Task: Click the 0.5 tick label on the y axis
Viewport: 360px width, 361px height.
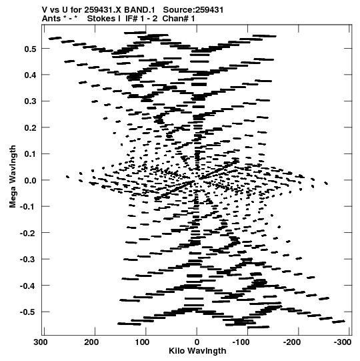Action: [x=30, y=49]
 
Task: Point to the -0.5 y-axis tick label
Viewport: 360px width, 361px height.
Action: [x=28, y=312]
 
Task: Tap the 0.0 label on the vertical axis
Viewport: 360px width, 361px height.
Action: [x=30, y=180]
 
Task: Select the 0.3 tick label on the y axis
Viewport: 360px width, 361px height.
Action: [x=30, y=101]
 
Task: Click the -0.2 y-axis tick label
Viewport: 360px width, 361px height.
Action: [x=28, y=234]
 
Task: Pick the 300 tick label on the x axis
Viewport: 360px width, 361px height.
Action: [x=41, y=342]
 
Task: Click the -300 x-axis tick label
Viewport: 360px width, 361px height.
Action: [x=343, y=342]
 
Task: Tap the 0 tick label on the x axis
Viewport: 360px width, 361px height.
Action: [x=197, y=342]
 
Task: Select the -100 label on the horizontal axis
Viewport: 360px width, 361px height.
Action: [x=241, y=342]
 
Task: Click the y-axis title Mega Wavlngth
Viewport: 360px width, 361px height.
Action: [x=13, y=177]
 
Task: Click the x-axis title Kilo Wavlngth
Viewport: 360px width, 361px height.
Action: [x=197, y=351]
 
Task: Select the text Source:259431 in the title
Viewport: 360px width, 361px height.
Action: [x=193, y=10]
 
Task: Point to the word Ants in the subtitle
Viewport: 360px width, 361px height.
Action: [x=51, y=19]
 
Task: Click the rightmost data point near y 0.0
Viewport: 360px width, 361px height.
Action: [x=326, y=184]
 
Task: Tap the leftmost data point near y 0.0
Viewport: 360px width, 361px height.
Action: [x=67, y=177]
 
